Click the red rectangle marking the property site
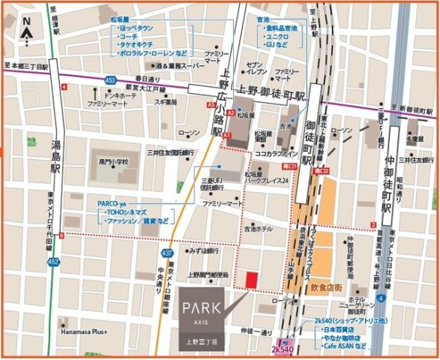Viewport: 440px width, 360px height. coord(251,279)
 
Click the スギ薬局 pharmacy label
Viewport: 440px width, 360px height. coord(165,101)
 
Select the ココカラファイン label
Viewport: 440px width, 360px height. coord(277,153)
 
